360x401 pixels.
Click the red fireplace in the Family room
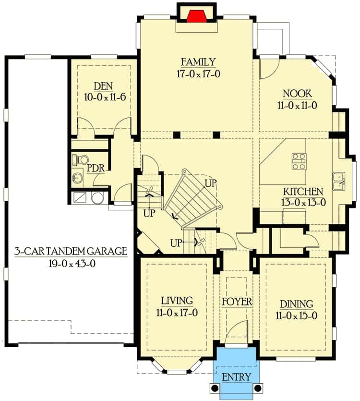pyautogui.click(x=196, y=16)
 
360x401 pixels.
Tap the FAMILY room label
pyautogui.click(x=198, y=62)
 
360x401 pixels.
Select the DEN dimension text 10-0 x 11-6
pyautogui.click(x=105, y=97)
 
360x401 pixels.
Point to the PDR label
pyautogui.click(x=96, y=168)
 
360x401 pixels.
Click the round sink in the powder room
pyautogui.click(x=77, y=177)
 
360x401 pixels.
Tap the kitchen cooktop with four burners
pyautogui.click(x=299, y=161)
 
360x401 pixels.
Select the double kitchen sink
pyautogui.click(x=339, y=181)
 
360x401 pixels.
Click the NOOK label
pyautogui.click(x=297, y=94)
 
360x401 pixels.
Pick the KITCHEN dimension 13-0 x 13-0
pyautogui.click(x=303, y=203)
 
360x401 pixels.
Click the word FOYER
pyautogui.click(x=237, y=302)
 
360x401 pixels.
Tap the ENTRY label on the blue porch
pyautogui.click(x=236, y=377)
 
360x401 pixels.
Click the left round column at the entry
pyautogui.click(x=214, y=388)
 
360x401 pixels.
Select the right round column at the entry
pyautogui.click(x=258, y=388)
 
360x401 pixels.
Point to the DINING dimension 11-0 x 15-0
pyautogui.click(x=296, y=316)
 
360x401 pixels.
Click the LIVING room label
pyautogui.click(x=177, y=301)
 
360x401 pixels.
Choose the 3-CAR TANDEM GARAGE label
pyautogui.click(x=71, y=251)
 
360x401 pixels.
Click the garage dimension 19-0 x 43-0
pyautogui.click(x=72, y=264)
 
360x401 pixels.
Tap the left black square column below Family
pyautogui.click(x=177, y=135)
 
